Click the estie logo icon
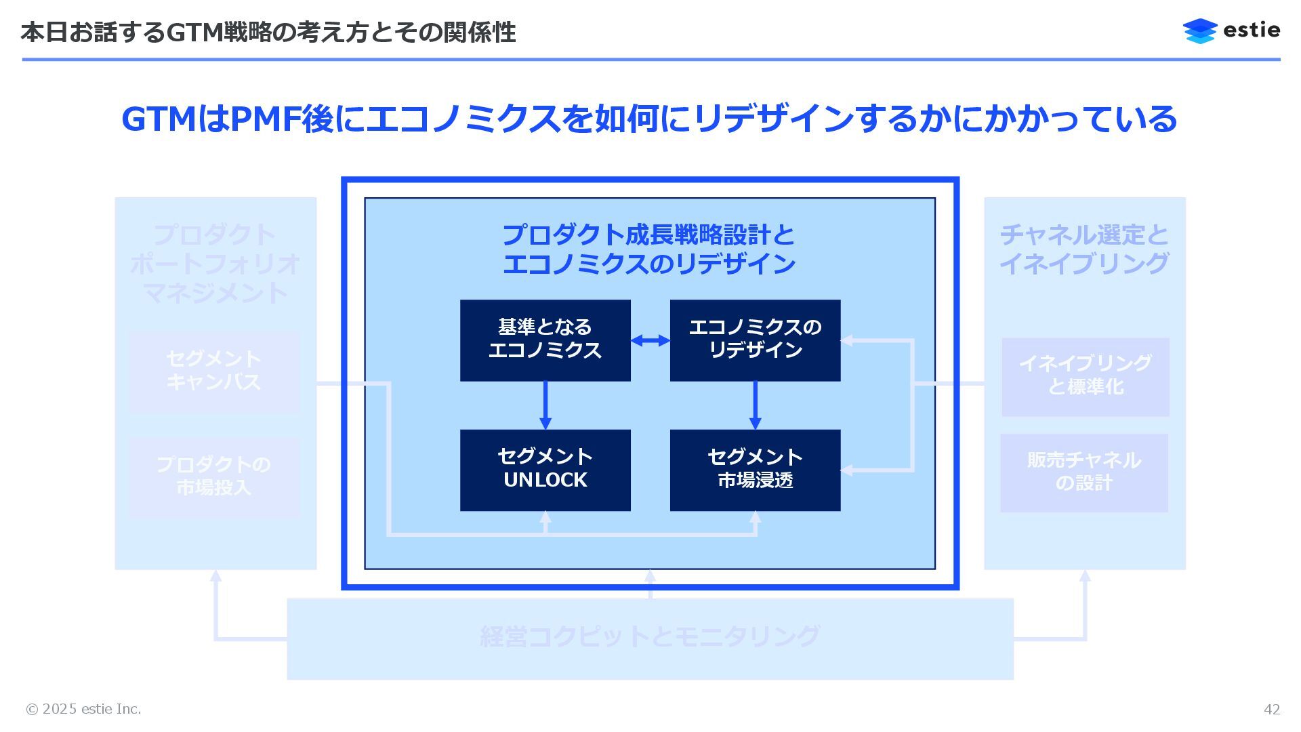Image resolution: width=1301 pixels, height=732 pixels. point(1200,31)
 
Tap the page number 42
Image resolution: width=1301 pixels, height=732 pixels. point(1271,709)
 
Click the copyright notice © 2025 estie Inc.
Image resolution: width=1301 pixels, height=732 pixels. point(83,709)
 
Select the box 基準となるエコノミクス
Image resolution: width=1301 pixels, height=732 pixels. point(545,340)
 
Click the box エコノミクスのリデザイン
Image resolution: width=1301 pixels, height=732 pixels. point(755,340)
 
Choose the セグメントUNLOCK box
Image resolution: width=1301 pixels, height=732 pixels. point(545,470)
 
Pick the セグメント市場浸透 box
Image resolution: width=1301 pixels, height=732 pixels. point(755,470)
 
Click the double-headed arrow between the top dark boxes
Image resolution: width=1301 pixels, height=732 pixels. point(650,340)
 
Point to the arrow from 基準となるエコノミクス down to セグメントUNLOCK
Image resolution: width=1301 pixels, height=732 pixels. point(545,405)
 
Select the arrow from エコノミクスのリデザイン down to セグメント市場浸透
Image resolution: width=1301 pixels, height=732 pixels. point(755,405)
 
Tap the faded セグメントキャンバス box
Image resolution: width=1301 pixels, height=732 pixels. point(213,371)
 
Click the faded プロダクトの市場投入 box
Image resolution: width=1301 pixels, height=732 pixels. point(213,476)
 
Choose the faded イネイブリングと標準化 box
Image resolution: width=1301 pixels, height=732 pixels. point(1085,376)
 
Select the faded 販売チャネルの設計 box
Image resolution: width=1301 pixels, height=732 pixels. point(1083,472)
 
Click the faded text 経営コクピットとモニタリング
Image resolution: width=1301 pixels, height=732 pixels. point(650,636)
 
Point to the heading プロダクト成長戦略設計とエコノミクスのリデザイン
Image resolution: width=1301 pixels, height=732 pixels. point(648,249)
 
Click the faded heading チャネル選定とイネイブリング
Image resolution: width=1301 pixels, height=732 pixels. point(1084,249)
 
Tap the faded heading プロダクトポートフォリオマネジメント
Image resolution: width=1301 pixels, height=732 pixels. point(215,264)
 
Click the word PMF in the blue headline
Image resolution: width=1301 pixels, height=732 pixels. point(266,119)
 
